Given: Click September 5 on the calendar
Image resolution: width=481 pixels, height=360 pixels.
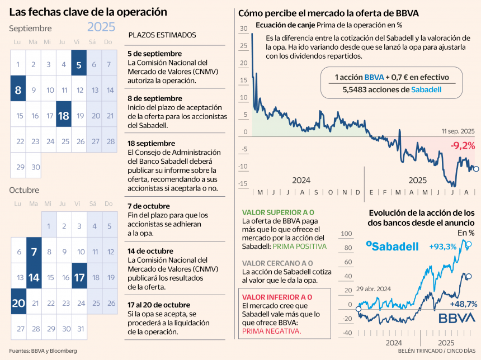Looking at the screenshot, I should pos(79,64).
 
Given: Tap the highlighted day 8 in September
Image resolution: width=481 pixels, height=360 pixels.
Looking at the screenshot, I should pos(18,89).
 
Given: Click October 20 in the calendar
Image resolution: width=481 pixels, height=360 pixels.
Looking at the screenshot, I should pos(18,302).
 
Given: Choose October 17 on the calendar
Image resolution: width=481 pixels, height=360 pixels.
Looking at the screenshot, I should pos(79,277).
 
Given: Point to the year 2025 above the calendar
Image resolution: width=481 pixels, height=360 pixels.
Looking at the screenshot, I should pos(101,27).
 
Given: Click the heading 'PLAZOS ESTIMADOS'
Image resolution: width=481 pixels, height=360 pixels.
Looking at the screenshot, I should pos(162,35).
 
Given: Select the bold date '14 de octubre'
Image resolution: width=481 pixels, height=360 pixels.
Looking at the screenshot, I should pos(150,251).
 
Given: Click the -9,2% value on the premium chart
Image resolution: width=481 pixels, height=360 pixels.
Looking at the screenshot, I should pos(463,146).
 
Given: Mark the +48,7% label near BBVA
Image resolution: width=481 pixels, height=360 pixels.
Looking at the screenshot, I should pos(463,304).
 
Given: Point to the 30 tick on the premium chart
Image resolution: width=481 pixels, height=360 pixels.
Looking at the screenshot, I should pos(243,29).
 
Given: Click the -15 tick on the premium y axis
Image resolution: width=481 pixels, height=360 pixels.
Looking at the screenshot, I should pos(242,183).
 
